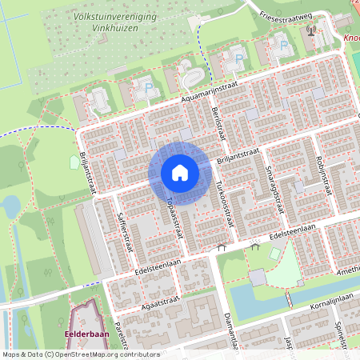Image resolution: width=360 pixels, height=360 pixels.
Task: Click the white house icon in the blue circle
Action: click(179, 173)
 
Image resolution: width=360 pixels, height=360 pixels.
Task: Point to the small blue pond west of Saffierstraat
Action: click(10, 206)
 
